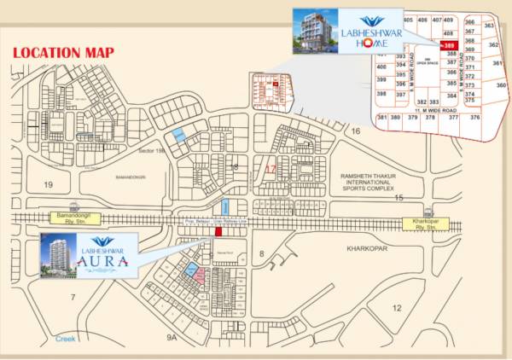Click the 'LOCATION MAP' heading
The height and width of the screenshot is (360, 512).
tap(64, 53)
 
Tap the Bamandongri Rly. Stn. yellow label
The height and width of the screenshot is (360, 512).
tap(75, 221)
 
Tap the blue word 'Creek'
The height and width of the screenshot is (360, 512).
tap(65, 338)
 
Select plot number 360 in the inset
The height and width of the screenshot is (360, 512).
tap(501, 86)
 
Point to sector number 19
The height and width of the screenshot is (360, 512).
tap(48, 184)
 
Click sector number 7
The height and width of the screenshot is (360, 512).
tap(73, 297)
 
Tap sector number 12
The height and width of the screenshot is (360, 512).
tap(396, 307)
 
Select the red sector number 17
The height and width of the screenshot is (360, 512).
tap(271, 169)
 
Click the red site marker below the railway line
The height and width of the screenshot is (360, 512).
tap(218, 231)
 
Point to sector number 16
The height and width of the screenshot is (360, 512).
tap(356, 131)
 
